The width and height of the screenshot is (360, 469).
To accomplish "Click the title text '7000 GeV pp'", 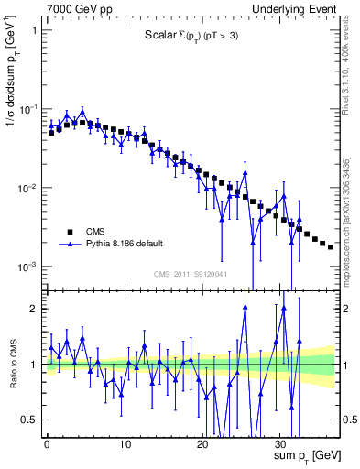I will (76, 8).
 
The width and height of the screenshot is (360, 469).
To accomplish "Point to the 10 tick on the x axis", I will (125, 438).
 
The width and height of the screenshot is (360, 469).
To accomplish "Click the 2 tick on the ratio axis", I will (35, 309).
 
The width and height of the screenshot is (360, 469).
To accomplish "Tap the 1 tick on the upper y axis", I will (35, 29).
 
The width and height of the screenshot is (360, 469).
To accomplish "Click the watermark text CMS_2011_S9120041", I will (190, 274).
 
